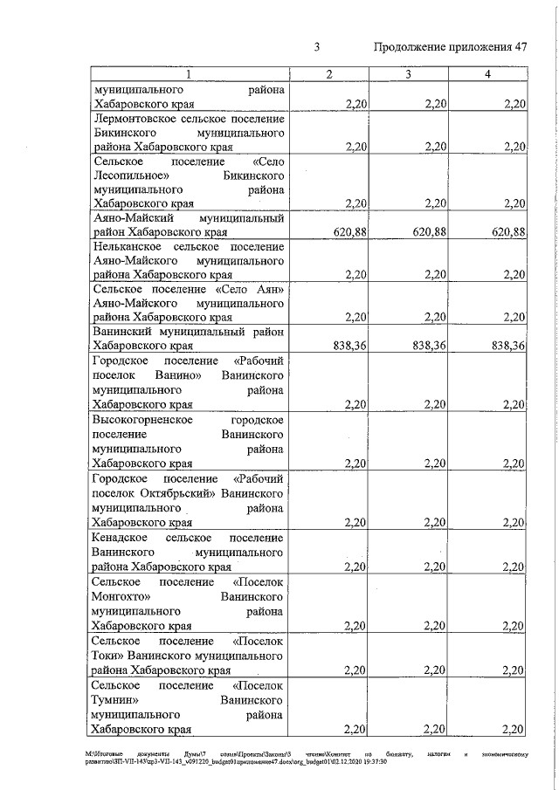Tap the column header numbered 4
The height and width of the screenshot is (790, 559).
[x=487, y=75]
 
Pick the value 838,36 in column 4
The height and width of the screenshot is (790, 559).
[x=508, y=346]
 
